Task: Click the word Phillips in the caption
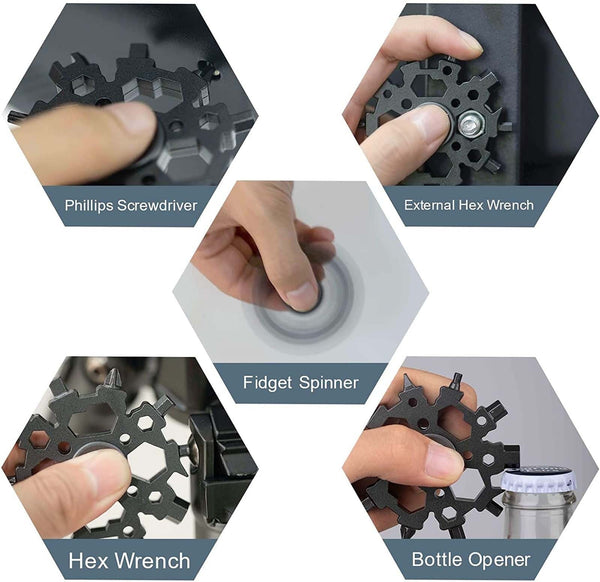click(89, 205)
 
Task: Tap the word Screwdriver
click(157, 205)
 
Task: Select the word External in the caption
click(429, 205)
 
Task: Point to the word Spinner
click(329, 383)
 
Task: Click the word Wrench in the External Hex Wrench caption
click(511, 205)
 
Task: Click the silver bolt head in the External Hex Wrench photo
click(471, 125)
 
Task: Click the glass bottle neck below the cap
click(540, 515)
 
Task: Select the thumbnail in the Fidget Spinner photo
click(302, 295)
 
